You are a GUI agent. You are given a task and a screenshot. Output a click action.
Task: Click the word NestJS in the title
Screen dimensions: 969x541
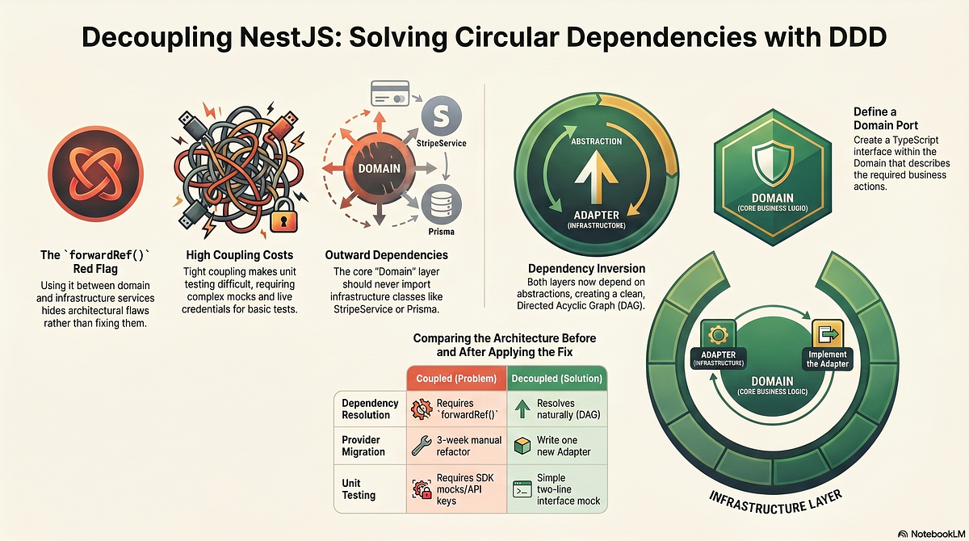(289, 37)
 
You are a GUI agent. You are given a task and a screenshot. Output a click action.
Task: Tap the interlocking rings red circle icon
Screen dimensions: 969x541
(95, 174)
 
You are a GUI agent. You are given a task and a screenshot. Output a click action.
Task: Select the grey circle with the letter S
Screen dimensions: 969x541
(441, 116)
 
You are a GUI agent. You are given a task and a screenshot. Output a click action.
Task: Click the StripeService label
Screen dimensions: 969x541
(441, 143)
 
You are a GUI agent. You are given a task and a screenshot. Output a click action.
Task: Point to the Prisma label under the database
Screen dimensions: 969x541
(441, 232)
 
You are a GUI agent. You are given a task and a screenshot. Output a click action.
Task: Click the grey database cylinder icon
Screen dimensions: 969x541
(441, 204)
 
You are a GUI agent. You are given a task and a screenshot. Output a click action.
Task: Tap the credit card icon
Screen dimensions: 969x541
(390, 93)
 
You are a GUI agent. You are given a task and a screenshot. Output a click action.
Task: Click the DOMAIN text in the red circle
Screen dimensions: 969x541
(380, 169)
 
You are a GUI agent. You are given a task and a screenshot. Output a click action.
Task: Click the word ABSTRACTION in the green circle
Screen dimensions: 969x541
(597, 141)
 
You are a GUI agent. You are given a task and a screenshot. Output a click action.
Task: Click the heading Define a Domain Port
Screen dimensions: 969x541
(886, 119)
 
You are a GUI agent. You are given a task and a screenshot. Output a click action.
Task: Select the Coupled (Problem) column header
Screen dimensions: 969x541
(456, 379)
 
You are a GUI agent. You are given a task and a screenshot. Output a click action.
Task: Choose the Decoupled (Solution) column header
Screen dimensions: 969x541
(556, 379)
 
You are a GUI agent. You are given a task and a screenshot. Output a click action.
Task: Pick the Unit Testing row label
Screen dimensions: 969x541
(359, 489)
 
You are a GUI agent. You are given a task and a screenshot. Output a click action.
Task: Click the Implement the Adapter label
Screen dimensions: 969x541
(828, 359)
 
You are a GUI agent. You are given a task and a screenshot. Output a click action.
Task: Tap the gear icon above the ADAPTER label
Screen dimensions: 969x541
(718, 334)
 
